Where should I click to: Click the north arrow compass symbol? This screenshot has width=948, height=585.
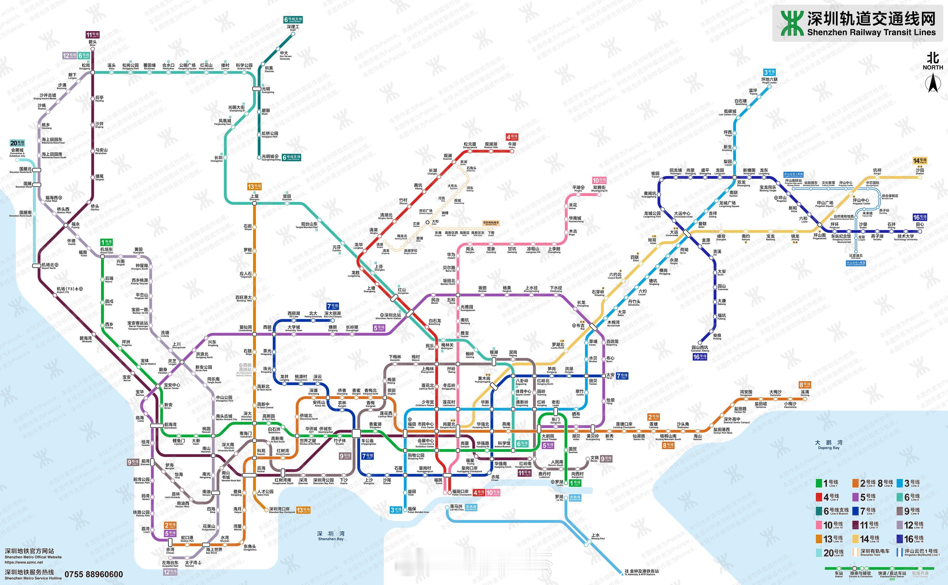[x=932, y=83]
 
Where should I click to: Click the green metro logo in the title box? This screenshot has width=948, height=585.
[x=792, y=23]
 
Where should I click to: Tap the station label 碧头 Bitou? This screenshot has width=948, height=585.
[x=93, y=43]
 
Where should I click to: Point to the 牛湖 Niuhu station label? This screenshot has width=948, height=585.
[x=512, y=145]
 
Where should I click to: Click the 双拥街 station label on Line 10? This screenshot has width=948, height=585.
[x=599, y=188]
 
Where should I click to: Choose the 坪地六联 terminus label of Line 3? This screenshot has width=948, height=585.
[x=770, y=80]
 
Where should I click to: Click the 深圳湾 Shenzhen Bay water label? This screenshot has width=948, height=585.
[x=330, y=535]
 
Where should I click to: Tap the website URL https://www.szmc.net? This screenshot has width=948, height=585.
[x=24, y=562]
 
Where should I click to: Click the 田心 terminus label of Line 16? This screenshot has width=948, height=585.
[x=920, y=225]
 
